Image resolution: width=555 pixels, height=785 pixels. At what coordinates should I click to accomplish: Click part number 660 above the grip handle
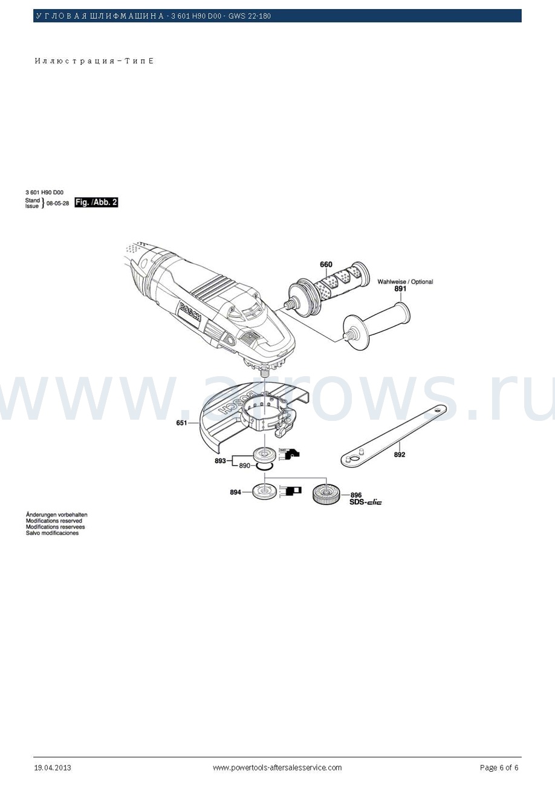pyautogui.click(x=326, y=264)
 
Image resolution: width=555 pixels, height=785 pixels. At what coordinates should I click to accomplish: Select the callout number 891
pyautogui.click(x=400, y=289)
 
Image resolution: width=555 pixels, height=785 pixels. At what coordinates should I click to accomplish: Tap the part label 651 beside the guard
pyautogui.click(x=181, y=423)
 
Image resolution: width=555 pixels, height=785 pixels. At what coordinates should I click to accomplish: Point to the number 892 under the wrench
pyautogui.click(x=400, y=454)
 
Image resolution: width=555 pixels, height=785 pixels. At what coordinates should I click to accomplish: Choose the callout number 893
pyautogui.click(x=220, y=460)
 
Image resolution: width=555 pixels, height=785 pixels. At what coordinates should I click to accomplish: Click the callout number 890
pyautogui.click(x=244, y=466)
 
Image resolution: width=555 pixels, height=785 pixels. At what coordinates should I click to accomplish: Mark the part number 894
pyautogui.click(x=235, y=492)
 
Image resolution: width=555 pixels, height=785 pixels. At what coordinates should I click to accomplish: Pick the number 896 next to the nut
pyautogui.click(x=355, y=495)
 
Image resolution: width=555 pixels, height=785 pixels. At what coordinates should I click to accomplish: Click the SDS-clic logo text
pyautogui.click(x=365, y=502)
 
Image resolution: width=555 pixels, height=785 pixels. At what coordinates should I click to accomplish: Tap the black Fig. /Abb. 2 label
pyautogui.click(x=96, y=203)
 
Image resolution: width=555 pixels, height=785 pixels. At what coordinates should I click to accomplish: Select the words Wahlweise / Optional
pyautogui.click(x=405, y=281)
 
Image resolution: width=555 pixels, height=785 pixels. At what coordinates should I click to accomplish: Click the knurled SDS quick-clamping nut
pyautogui.click(x=327, y=494)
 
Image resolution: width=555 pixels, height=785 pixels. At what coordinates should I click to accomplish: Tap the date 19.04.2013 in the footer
pyautogui.click(x=53, y=767)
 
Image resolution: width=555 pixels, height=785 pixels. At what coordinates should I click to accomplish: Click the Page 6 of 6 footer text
pyautogui.click(x=499, y=767)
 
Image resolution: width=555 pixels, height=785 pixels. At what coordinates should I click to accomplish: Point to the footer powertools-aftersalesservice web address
pyautogui.click(x=277, y=767)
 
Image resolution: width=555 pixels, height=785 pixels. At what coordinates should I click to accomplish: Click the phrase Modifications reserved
pyautogui.click(x=54, y=521)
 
